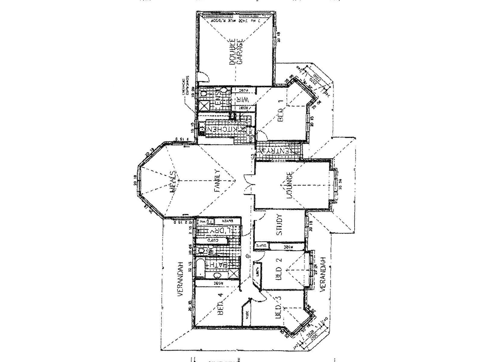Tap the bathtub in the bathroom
pyautogui.click(x=200, y=267)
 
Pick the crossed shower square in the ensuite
pyautogui.click(x=205, y=106)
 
